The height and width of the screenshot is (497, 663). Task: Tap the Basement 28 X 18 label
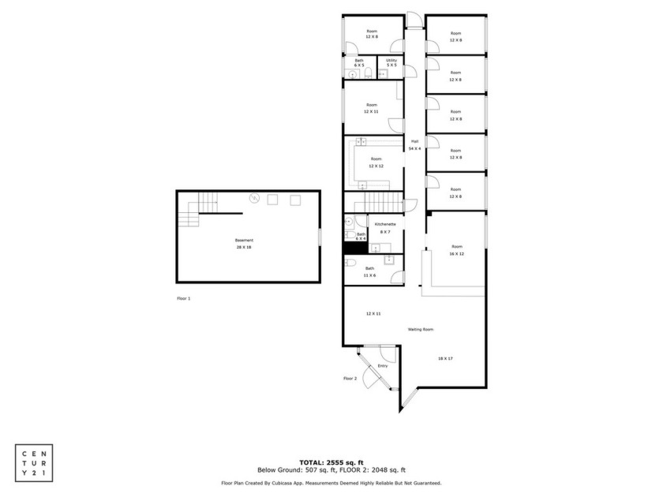244,243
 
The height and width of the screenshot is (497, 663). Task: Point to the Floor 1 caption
184,298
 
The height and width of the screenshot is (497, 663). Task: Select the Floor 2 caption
350,379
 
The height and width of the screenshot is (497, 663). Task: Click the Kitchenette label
385,227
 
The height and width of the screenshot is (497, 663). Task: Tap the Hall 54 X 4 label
414,144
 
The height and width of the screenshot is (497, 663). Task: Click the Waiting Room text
421,329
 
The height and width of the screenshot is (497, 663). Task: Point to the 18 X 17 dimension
445,358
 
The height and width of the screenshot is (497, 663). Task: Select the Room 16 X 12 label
456,250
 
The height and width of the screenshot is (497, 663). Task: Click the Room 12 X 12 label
376,163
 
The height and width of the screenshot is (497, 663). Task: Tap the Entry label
383,365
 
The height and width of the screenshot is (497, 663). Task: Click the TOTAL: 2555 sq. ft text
331,461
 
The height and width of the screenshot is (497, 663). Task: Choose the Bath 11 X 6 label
369,272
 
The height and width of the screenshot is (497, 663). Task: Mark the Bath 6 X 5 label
359,63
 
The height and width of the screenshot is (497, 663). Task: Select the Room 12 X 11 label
371,108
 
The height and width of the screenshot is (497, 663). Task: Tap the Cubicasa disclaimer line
331,483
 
